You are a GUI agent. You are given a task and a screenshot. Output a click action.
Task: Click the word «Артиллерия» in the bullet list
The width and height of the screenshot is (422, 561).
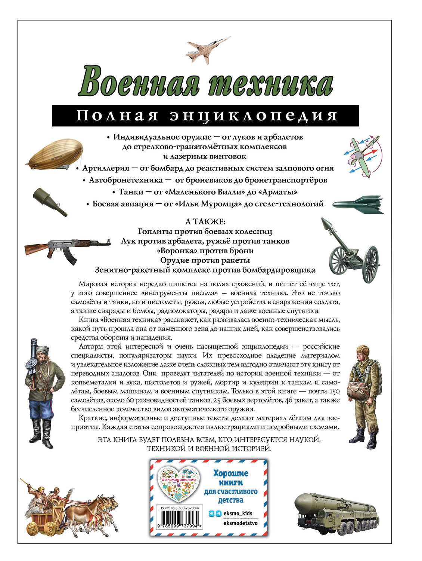point(106,168)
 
